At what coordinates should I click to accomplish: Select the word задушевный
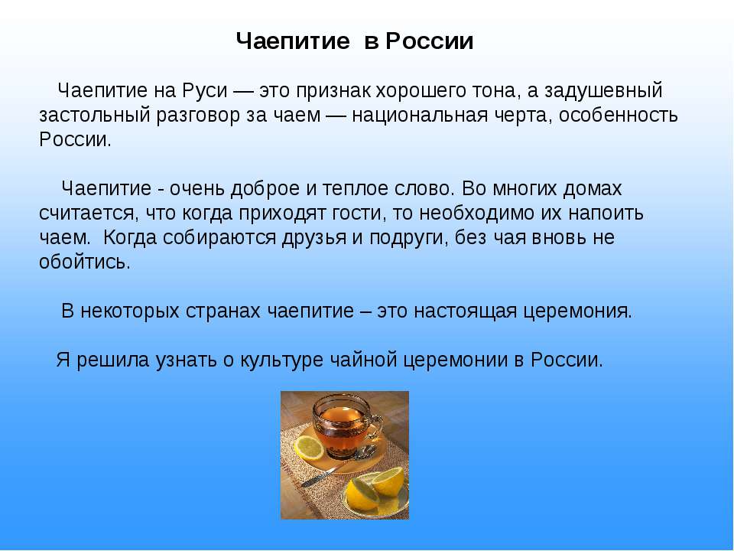[603, 91]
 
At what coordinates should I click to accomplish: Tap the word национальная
[420, 115]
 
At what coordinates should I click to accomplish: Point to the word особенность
[619, 115]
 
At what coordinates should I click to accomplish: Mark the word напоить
[606, 214]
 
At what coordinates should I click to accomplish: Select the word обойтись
[84, 262]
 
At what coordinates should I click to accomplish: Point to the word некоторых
[130, 311]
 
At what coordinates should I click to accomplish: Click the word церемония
[577, 311]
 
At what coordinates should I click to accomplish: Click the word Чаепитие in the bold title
[293, 41]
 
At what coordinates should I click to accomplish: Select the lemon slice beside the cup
[308, 448]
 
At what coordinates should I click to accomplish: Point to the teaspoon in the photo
[338, 466]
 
